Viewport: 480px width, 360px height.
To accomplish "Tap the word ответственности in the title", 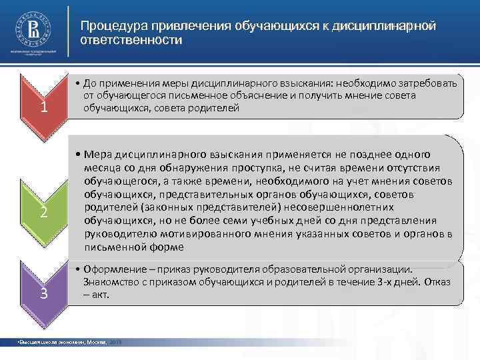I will [131, 40].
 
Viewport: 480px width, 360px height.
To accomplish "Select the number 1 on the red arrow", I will [43, 107].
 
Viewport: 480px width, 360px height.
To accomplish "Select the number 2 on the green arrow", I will [43, 213].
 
